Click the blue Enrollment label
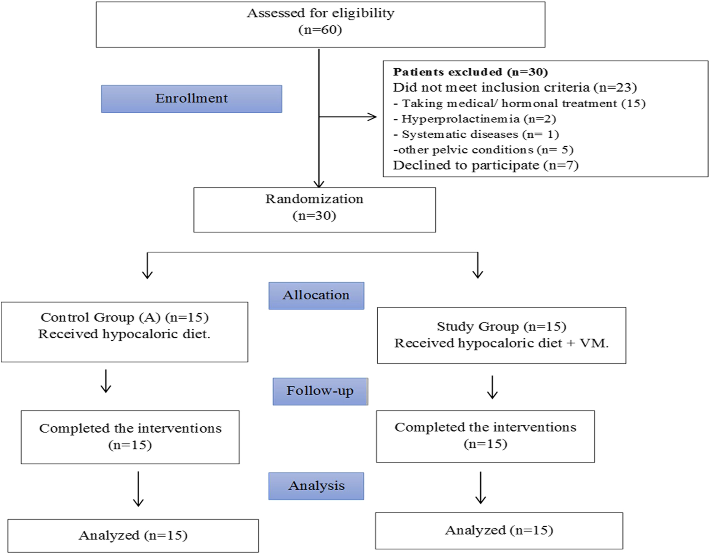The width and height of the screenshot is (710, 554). [191, 99]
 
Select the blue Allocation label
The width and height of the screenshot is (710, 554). [316, 295]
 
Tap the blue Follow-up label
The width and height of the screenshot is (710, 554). [320, 391]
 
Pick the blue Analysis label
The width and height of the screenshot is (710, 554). [316, 486]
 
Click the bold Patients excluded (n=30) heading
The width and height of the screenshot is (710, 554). [470, 72]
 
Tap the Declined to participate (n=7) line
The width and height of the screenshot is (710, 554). [485, 165]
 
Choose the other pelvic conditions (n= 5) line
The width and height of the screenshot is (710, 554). [483, 150]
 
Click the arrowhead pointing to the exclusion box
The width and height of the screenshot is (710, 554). [373, 117]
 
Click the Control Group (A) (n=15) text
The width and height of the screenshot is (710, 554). [124, 318]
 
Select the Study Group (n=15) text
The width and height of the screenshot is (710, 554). [501, 327]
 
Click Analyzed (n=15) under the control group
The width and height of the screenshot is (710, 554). [133, 535]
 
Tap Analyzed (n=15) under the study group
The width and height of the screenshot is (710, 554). [499, 530]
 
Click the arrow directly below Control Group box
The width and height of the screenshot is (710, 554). [106, 382]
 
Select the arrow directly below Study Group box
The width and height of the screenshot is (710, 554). [492, 387]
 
